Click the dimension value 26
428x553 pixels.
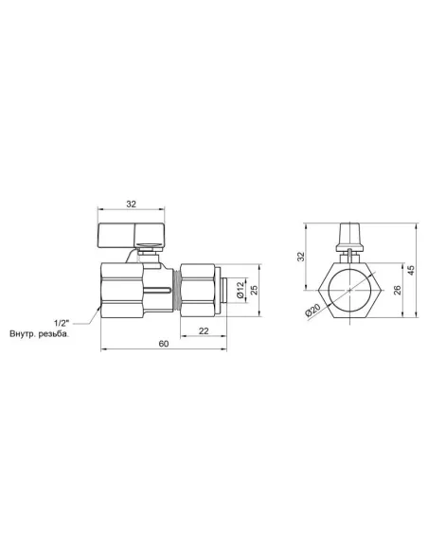(397, 291)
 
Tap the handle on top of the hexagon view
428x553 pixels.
(349, 234)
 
